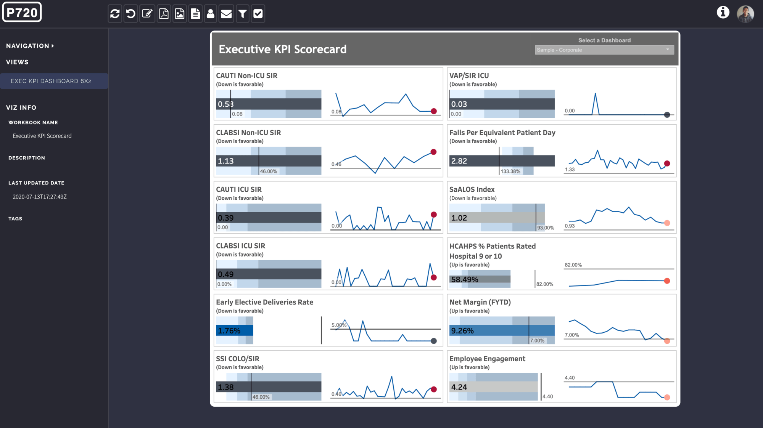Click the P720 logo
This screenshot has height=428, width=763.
22,13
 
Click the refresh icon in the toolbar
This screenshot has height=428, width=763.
115,14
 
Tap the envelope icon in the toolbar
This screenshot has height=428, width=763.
226,14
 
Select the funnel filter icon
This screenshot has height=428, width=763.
242,14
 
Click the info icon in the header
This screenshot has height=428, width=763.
723,13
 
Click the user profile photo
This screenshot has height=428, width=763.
745,14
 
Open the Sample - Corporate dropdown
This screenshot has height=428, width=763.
604,50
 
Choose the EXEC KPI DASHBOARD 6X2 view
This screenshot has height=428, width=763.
51,81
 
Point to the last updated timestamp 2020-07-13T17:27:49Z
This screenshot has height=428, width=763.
40,197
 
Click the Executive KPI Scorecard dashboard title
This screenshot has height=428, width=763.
283,49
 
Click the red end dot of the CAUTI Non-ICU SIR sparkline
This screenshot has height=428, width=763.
434,111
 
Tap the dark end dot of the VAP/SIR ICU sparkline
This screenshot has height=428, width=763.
667,115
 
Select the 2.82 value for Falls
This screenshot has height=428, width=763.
459,161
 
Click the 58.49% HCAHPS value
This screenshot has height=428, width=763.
464,279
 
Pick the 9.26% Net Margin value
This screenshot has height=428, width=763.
462,330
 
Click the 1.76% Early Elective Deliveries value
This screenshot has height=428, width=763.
229,330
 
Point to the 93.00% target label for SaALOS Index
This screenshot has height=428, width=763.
546,228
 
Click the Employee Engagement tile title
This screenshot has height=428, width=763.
487,359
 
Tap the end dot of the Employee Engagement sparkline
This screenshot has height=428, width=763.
667,397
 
